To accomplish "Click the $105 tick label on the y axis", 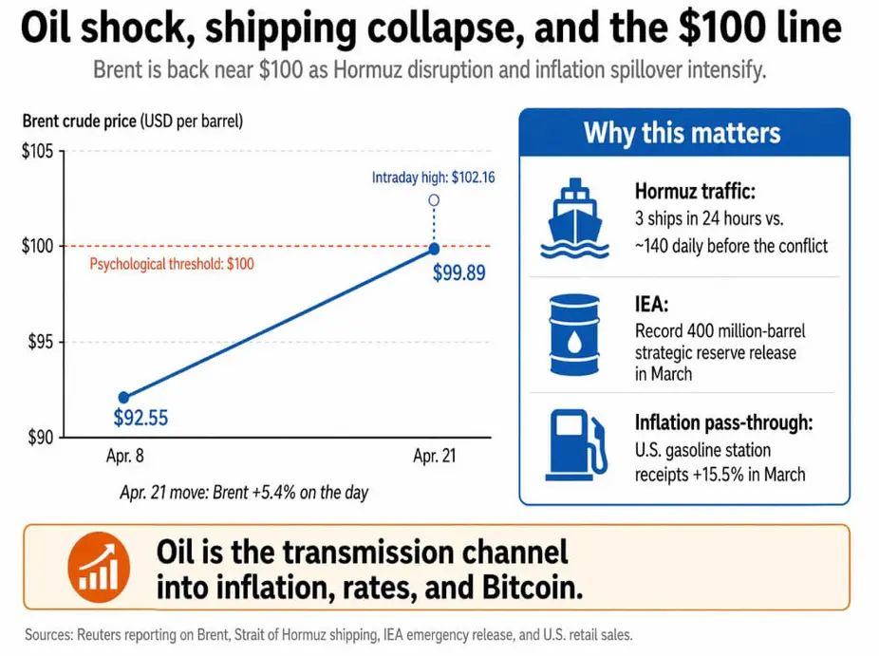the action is tap(38, 151).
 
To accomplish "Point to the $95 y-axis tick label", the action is tap(41, 342).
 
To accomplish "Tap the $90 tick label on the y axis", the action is tap(41, 438).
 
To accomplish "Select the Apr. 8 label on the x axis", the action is tap(125, 456).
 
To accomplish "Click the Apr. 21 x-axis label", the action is tap(435, 456).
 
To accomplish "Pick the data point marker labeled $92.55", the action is tap(124, 398).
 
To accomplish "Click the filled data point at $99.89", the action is tap(434, 248).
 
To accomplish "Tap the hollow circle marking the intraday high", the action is tap(434, 200).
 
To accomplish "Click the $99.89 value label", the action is tap(459, 273).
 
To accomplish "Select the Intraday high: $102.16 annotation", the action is tap(434, 178).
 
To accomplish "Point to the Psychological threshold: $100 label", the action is tap(172, 264).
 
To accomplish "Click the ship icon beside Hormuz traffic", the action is tap(574, 218).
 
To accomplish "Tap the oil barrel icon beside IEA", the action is tap(574, 335).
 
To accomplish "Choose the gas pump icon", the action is tap(576, 445).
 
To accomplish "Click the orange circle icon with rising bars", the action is tap(100, 568).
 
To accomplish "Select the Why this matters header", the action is tap(683, 134).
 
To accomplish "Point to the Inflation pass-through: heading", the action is tap(723, 422).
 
